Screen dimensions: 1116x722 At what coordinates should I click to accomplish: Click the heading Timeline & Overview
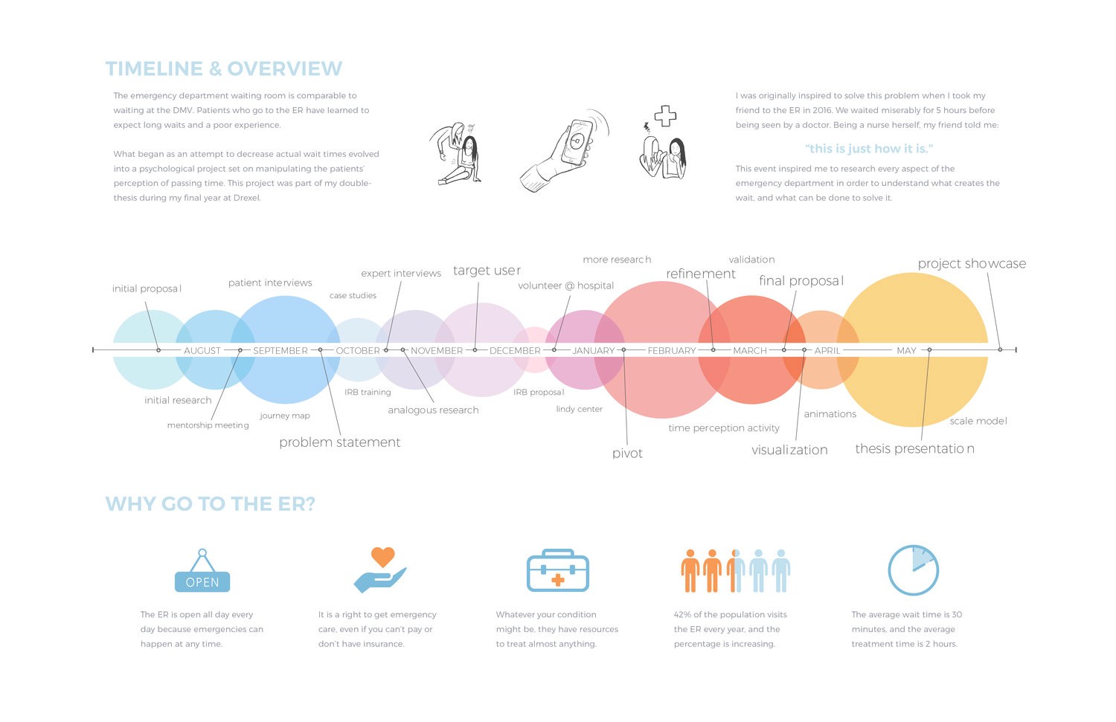click(223, 69)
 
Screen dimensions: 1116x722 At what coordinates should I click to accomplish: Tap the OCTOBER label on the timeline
click(358, 350)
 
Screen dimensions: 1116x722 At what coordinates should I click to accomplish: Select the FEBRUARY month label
click(671, 350)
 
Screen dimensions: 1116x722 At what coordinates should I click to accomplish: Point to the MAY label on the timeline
click(906, 350)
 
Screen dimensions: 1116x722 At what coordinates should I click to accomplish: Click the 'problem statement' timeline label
click(339, 442)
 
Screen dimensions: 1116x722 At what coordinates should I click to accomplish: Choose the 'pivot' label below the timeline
click(627, 454)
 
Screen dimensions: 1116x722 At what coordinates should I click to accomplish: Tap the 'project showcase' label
click(972, 264)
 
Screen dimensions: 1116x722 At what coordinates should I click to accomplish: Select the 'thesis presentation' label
click(914, 448)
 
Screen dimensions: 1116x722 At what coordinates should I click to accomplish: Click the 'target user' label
click(487, 271)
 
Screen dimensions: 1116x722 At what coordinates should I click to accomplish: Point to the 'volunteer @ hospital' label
click(565, 286)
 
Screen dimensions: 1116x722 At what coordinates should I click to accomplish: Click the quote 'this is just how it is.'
click(868, 149)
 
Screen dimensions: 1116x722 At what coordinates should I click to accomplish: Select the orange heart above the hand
click(382, 556)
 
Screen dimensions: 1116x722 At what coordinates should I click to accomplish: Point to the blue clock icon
click(913, 570)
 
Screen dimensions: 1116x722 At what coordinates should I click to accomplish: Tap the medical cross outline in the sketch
click(665, 116)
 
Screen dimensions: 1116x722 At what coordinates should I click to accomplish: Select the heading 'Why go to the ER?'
click(210, 504)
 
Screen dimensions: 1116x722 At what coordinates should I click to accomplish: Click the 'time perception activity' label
click(723, 428)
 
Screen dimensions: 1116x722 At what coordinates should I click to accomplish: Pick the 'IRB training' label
click(368, 393)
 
